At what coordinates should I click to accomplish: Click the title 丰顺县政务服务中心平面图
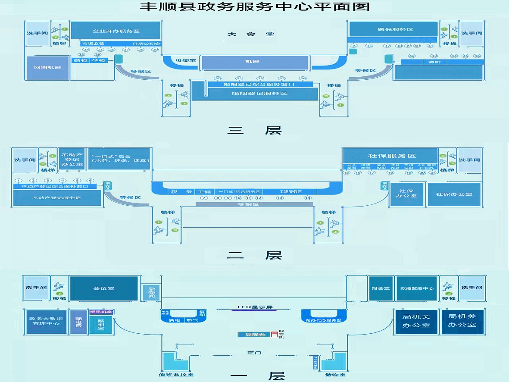click(x=254, y=7)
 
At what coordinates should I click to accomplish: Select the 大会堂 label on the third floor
click(x=251, y=34)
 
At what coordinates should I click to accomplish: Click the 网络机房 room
click(x=47, y=68)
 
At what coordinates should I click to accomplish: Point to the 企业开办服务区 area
click(x=116, y=31)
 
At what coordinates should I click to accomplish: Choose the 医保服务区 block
click(x=395, y=29)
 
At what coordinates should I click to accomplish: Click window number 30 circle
click(x=218, y=78)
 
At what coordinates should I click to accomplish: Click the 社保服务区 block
click(x=392, y=156)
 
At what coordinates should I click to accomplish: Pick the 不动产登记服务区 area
click(x=57, y=197)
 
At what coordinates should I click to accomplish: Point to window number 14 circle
click(x=307, y=198)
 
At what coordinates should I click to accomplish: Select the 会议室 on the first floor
click(x=103, y=288)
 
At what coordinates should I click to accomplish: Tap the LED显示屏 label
click(x=255, y=307)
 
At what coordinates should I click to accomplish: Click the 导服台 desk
click(x=254, y=335)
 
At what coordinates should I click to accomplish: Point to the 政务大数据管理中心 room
click(x=46, y=321)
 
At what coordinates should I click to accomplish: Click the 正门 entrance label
click(x=254, y=353)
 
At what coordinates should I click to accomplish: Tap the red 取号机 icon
click(x=274, y=335)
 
